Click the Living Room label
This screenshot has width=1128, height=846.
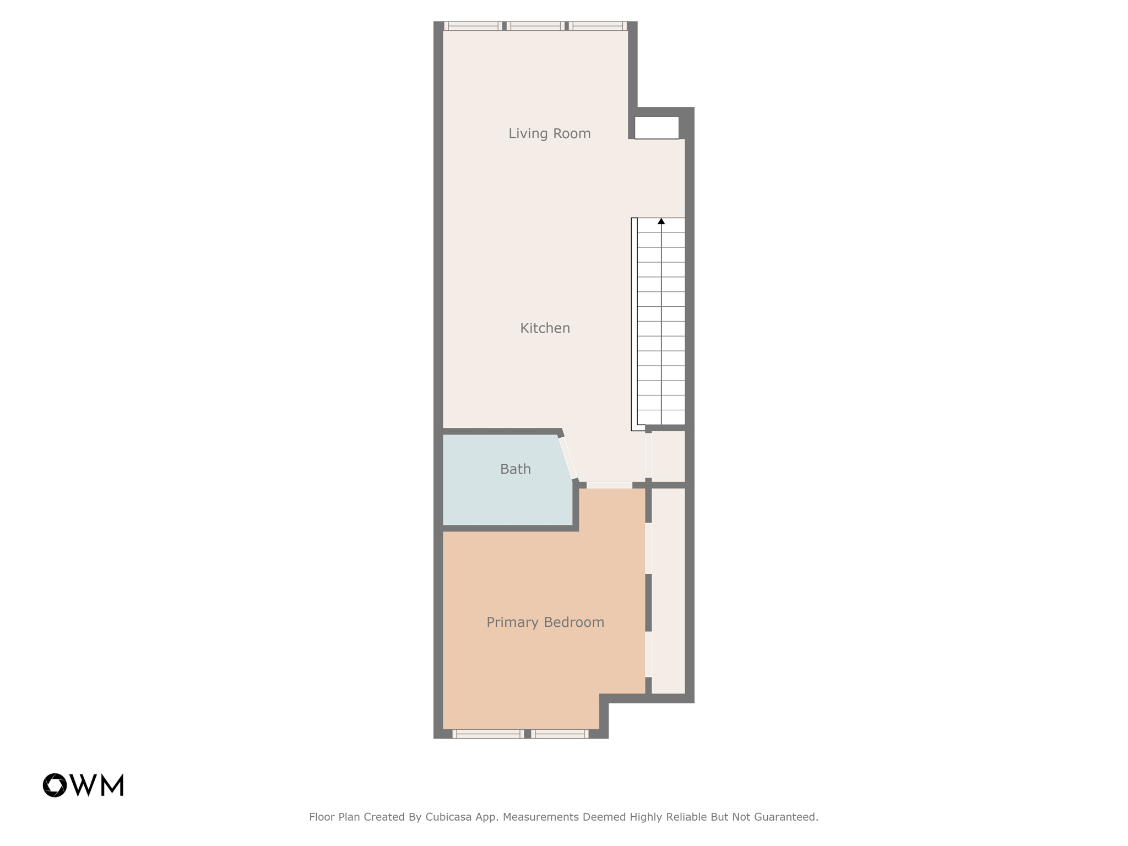click(x=549, y=133)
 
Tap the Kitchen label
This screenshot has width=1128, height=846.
click(x=545, y=328)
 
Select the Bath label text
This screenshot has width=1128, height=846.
click(x=515, y=469)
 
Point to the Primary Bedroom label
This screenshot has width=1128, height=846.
click(x=545, y=622)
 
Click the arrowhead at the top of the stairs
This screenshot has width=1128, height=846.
click(x=661, y=221)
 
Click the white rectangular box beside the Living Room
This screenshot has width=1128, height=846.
click(x=656, y=127)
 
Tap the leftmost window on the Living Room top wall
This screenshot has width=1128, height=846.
click(x=473, y=26)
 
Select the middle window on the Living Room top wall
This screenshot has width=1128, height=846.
click(x=535, y=26)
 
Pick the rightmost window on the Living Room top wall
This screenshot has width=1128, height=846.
click(x=598, y=26)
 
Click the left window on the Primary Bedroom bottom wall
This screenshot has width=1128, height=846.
click(x=488, y=734)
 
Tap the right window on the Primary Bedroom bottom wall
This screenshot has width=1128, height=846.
click(x=560, y=734)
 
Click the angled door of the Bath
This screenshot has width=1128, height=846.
click(x=568, y=458)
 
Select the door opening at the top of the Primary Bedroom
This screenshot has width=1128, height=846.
click(x=609, y=485)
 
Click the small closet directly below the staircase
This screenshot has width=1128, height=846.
click(x=668, y=455)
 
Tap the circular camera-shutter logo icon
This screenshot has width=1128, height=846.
click(x=55, y=785)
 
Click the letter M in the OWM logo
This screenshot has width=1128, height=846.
click(x=112, y=785)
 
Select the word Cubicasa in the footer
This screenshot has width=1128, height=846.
click(x=448, y=817)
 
